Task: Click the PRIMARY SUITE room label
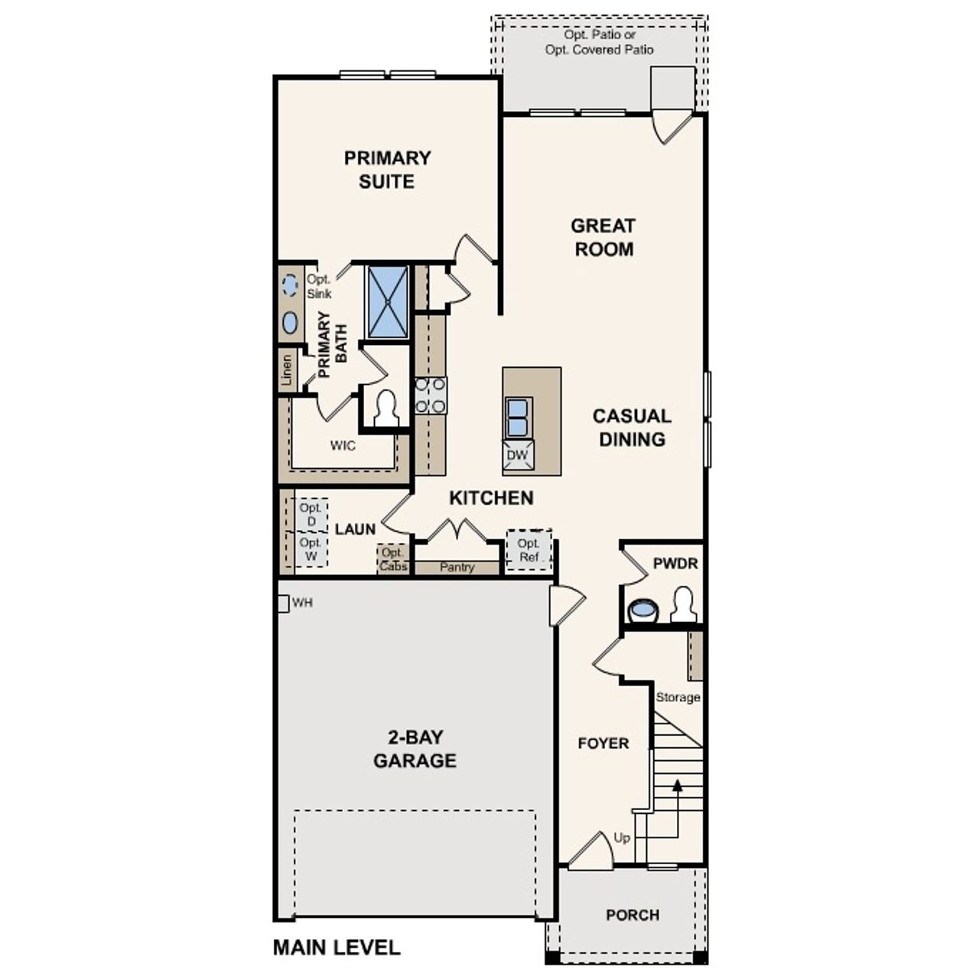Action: pos(387,170)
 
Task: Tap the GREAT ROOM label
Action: pos(603,237)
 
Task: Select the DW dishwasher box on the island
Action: pos(518,456)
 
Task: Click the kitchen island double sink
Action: pos(518,418)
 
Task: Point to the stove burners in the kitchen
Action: pos(431,396)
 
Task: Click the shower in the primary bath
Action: pos(388,302)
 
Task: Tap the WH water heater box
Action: pos(282,603)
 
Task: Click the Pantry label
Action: pos(457,568)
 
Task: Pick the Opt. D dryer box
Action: pos(311,515)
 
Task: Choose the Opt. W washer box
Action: pos(311,549)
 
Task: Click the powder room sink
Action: pos(642,610)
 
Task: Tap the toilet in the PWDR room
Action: pos(683,604)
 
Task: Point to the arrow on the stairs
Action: pos(677,784)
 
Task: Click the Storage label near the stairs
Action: pos(678,698)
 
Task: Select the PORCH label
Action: pos(633,915)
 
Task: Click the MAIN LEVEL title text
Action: pos(337,948)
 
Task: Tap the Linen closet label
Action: pos(287,370)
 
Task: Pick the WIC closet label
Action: pos(343,445)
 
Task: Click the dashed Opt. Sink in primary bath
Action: pos(290,285)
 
